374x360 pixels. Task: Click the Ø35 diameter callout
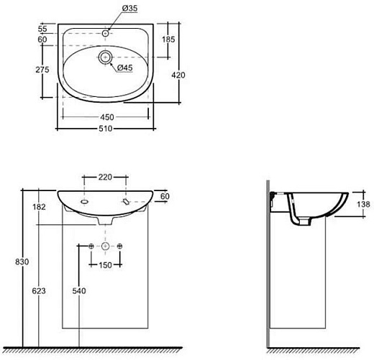(x=129, y=9)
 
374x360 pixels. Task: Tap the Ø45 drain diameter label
(x=124, y=68)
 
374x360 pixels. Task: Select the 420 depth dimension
(x=178, y=75)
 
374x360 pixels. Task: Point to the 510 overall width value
(x=106, y=129)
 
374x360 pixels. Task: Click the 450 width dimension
(x=107, y=117)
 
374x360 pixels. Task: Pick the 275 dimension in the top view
(x=42, y=70)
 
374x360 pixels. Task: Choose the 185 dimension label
(x=168, y=40)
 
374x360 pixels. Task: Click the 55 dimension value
(x=42, y=29)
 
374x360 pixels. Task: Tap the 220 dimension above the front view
(x=105, y=177)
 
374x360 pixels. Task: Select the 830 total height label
(x=22, y=262)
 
